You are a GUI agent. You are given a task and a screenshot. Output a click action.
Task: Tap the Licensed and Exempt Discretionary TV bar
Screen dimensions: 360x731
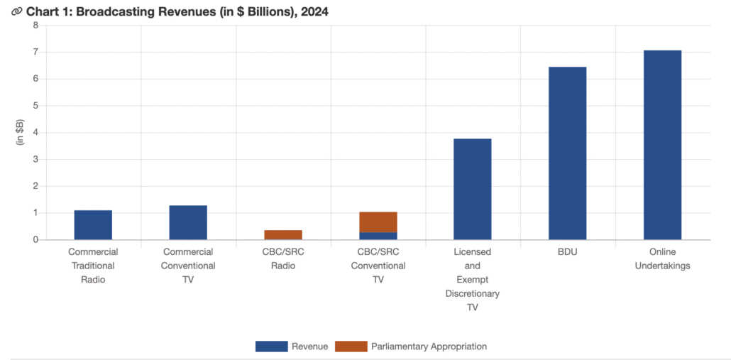472,189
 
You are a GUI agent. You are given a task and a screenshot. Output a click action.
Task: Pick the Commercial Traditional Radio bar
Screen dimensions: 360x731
93,225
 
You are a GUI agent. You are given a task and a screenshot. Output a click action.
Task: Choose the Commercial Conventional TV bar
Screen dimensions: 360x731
188,222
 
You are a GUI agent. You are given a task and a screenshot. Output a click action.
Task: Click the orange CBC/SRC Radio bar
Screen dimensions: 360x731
283,235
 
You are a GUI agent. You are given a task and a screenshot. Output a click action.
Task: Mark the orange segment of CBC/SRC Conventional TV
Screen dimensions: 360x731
378,222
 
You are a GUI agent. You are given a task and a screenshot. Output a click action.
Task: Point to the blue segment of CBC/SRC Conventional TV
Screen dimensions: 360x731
378,236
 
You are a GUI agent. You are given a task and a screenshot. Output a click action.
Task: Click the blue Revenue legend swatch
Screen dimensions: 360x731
271,347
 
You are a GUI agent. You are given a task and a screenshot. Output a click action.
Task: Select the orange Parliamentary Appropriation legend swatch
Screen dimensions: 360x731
351,347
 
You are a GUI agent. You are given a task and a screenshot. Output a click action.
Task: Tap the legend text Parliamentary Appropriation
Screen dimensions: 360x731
429,347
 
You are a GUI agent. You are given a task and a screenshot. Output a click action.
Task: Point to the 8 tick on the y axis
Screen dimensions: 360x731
35,26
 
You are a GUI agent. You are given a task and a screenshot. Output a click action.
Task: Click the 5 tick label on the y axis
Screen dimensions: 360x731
35,106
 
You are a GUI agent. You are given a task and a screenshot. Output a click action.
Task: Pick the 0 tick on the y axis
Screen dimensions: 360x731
35,240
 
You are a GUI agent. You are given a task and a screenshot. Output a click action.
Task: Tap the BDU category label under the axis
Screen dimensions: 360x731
567,252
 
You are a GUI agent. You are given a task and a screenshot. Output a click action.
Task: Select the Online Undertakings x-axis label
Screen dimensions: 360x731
662,258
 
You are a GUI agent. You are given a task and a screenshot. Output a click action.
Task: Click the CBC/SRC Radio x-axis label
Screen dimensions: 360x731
283,258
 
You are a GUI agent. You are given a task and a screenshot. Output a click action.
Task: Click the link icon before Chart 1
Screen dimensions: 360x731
16,12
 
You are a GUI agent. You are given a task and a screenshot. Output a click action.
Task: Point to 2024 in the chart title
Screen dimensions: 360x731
312,12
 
